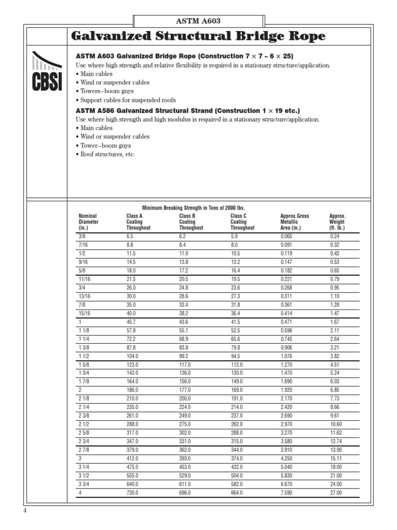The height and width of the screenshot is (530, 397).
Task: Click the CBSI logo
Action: [x=46, y=71]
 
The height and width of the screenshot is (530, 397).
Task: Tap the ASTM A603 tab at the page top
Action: [x=199, y=21]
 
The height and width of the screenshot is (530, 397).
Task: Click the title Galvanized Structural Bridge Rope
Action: [x=198, y=36]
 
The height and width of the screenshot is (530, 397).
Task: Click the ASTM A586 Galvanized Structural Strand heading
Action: [x=188, y=111]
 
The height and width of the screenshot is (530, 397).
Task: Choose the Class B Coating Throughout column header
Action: [x=191, y=222]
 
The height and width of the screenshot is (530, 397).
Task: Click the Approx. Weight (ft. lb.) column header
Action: [x=337, y=222]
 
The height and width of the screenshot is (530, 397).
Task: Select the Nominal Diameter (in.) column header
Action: [x=88, y=222]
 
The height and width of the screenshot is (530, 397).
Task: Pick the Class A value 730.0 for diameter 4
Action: [x=132, y=493]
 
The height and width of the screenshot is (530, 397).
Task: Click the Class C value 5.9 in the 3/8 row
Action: [x=234, y=235]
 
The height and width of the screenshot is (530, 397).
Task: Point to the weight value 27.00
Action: [x=336, y=493]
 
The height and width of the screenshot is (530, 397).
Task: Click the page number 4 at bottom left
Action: [x=24, y=510]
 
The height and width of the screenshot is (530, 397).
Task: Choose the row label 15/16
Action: [x=85, y=313]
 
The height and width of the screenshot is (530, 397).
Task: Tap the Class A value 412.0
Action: [x=132, y=459]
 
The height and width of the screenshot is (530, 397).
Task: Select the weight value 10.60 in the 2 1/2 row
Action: [x=336, y=424]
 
